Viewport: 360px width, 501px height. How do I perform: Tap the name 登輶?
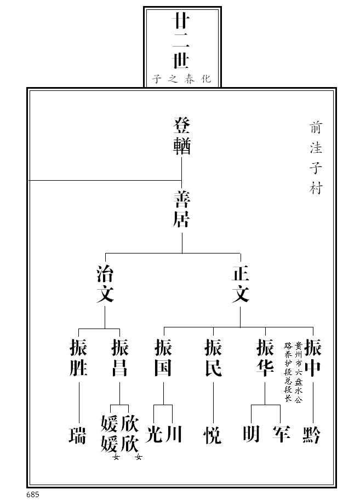click(182, 136)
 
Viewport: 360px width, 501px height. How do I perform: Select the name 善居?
click(182, 209)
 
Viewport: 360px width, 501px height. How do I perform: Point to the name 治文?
click(105, 284)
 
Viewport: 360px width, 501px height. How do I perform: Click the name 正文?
click(240, 284)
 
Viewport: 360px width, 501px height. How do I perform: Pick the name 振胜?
click(79, 358)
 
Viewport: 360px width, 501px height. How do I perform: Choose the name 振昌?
click(119, 358)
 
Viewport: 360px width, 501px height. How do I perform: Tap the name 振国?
click(163, 358)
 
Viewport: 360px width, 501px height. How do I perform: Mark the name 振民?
click(213, 358)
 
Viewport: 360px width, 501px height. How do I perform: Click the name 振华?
click(265, 358)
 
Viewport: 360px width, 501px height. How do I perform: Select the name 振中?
click(313, 358)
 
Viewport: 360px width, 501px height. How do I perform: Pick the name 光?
click(156, 434)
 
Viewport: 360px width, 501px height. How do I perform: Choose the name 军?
click(281, 434)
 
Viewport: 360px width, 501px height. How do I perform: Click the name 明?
click(252, 434)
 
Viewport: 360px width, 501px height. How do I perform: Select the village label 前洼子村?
click(316, 158)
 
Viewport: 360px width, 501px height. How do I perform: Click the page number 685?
click(32, 494)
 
